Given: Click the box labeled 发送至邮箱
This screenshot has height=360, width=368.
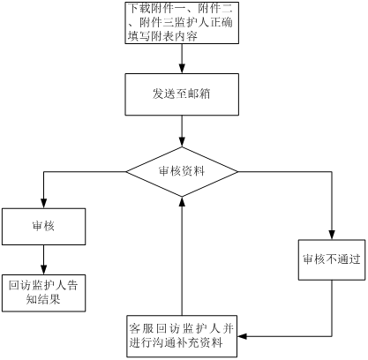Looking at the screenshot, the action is coord(182,94).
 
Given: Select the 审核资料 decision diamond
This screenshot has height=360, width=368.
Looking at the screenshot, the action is coord(182,172).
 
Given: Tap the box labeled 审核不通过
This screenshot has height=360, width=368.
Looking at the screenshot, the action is coord(332,259).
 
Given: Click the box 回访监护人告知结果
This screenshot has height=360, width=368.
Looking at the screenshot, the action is coord(44,293).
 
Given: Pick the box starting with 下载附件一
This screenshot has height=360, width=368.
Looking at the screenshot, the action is coord(182,23).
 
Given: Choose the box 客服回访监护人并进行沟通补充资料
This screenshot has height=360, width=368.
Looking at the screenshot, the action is coord(182,336).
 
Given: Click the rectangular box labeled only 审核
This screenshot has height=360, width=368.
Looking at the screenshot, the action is coord(44,227).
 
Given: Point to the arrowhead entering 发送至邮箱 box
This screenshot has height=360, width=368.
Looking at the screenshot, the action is coord(182,68).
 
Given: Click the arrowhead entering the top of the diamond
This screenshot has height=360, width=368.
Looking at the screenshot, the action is coord(182,142).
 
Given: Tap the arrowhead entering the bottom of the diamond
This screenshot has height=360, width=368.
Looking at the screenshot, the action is coord(182,202).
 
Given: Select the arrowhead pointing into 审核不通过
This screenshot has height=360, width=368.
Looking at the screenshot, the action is coord(332,235).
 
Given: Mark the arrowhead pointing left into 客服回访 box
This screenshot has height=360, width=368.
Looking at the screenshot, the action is coord(243,336).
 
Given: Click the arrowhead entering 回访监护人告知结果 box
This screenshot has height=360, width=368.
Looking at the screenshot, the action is coord(44,269).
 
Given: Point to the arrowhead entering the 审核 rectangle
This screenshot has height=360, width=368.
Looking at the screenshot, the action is coord(44,203).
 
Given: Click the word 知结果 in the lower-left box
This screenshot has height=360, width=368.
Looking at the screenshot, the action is coord(43,299).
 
